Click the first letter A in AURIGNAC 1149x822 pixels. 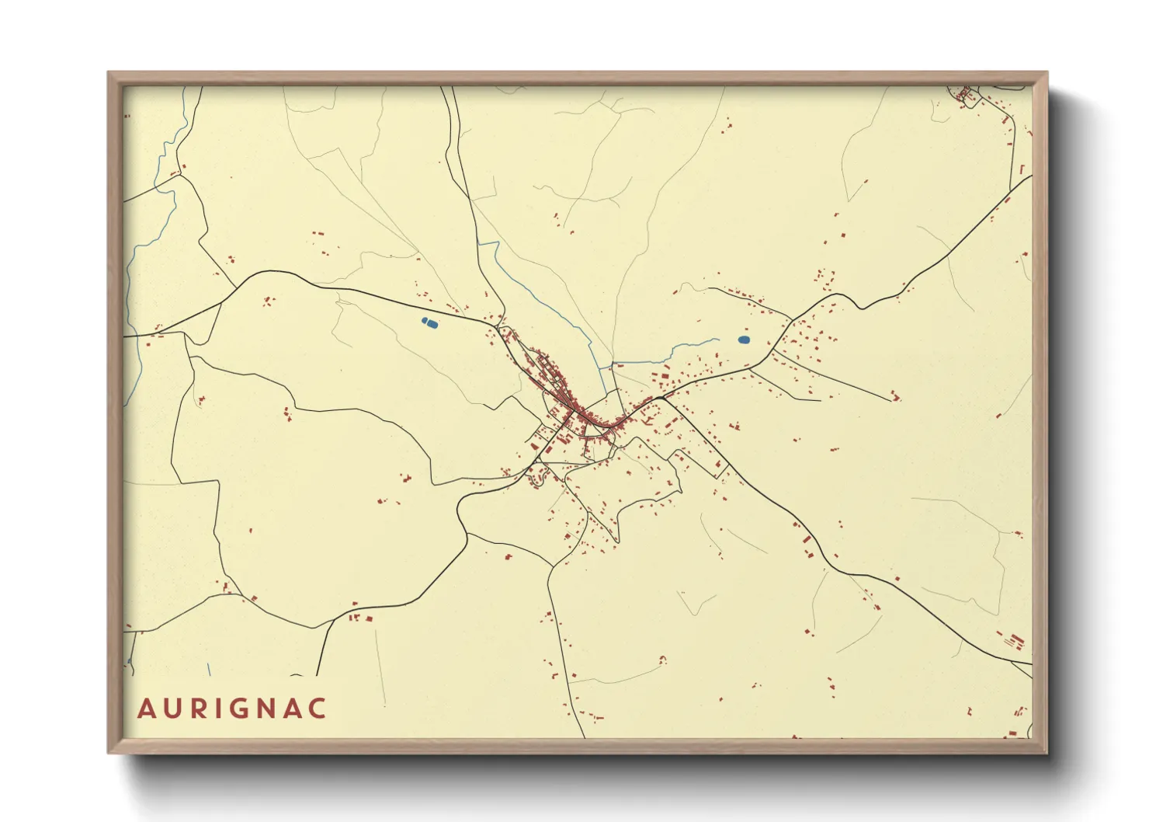tap(146, 709)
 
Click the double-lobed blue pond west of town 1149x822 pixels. tap(428, 322)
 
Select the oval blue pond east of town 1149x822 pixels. tap(744, 340)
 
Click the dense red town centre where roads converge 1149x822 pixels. tap(571, 408)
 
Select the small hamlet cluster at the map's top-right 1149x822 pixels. tap(965, 96)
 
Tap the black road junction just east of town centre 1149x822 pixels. tap(659, 398)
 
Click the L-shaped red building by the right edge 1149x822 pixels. tap(1022, 169)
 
